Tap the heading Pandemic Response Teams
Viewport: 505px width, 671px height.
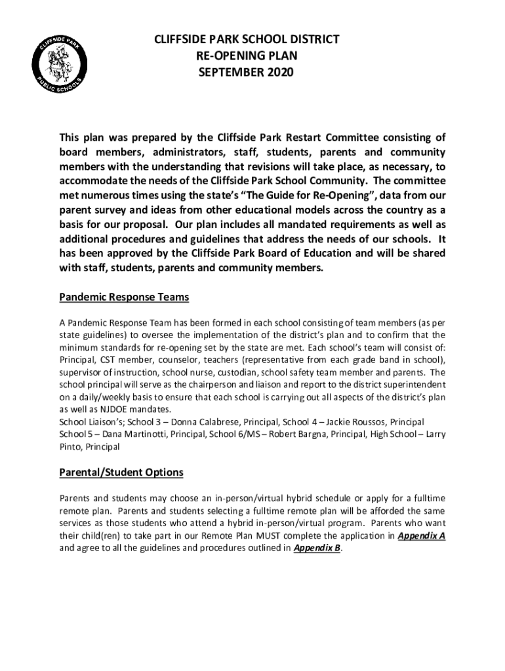(x=124, y=297)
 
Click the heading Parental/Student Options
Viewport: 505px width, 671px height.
(x=121, y=472)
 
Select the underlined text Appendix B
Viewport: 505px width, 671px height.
(x=317, y=548)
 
